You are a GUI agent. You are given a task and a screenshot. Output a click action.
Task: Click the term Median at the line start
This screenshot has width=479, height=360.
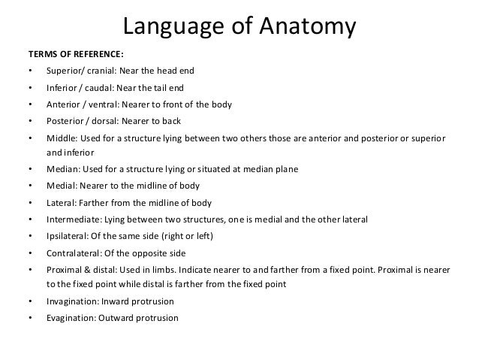pos(61,170)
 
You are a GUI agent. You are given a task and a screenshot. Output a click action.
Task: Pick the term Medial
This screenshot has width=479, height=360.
pos(60,186)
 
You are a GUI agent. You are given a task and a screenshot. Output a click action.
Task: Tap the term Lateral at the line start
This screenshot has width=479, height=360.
pos(61,202)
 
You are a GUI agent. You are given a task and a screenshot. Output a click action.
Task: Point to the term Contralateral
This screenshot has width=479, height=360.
pos(74,252)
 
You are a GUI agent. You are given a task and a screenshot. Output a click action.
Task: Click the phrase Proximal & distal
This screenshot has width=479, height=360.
pos(80,268)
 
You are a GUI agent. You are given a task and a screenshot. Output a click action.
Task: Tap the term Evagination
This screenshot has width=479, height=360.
pos(72,317)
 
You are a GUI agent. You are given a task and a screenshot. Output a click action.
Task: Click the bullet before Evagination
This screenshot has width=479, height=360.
pos(29,317)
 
